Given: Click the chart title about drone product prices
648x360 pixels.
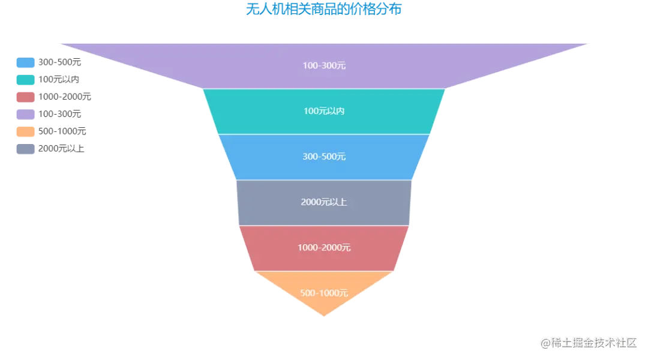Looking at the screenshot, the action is pyautogui.click(x=323, y=9).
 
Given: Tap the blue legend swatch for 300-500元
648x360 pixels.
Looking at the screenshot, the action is pyautogui.click(x=25, y=62).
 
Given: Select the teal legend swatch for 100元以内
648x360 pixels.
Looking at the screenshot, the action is pyautogui.click(x=25, y=80).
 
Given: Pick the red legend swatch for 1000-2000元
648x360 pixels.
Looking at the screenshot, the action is pyautogui.click(x=25, y=97).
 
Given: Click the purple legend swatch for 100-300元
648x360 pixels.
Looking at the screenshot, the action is pyautogui.click(x=25, y=115).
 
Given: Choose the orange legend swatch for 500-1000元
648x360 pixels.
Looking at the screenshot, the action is pyautogui.click(x=25, y=132).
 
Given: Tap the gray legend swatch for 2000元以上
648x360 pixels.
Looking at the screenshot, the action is pyautogui.click(x=25, y=149).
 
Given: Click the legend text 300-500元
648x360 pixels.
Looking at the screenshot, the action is pyautogui.click(x=59, y=62).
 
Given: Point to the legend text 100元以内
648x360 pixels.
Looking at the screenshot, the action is pyautogui.click(x=59, y=80).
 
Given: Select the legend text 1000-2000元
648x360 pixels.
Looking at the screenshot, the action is pyautogui.click(x=64, y=97).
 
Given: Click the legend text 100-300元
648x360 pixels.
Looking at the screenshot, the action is pyautogui.click(x=59, y=115).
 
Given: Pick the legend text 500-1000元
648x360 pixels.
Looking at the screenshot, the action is pyautogui.click(x=62, y=132).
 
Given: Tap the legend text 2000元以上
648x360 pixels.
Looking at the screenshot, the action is pyautogui.click(x=61, y=149).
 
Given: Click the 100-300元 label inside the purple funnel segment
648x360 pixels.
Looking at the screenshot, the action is pyautogui.click(x=324, y=66).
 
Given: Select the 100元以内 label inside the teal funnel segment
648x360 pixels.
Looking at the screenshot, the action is pyautogui.click(x=324, y=111).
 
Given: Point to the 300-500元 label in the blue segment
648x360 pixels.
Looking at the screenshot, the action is pyautogui.click(x=324, y=157).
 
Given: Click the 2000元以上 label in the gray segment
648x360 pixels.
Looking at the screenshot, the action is pyautogui.click(x=324, y=202).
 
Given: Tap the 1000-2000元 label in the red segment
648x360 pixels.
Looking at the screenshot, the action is pyautogui.click(x=324, y=248).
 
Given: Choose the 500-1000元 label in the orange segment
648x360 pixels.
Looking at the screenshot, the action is pyautogui.click(x=324, y=293).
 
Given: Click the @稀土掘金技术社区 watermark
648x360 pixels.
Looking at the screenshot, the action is pyautogui.click(x=589, y=343).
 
